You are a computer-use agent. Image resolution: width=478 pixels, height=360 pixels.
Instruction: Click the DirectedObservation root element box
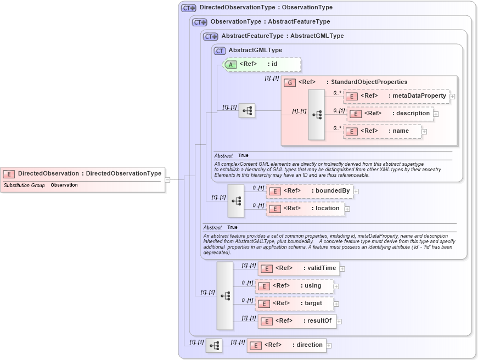coord(82,173)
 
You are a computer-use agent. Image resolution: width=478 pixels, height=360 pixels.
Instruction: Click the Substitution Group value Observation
coord(64,185)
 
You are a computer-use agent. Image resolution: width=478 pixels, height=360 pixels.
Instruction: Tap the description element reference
coord(390,114)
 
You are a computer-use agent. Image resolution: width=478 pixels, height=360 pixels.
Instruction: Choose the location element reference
coord(306,209)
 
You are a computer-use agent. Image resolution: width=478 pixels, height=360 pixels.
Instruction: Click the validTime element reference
coord(299,268)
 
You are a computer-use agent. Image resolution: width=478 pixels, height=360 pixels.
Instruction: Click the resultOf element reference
coord(297,321)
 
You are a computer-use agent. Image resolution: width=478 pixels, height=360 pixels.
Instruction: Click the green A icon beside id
coord(231,64)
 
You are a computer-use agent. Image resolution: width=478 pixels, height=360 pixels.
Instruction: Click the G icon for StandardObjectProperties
coord(290,82)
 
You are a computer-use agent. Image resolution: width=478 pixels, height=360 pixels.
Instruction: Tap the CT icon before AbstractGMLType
coord(220,50)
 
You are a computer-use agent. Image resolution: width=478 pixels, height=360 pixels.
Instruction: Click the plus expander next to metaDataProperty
coord(452,97)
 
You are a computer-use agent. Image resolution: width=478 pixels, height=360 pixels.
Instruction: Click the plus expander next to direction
coord(329,345)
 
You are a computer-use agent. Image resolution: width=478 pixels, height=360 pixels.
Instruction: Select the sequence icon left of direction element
coord(214,345)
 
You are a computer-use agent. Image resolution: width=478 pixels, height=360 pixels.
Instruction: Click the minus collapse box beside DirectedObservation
coord(167,179)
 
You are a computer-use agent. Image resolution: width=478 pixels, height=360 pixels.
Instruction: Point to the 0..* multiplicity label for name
coord(337,128)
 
